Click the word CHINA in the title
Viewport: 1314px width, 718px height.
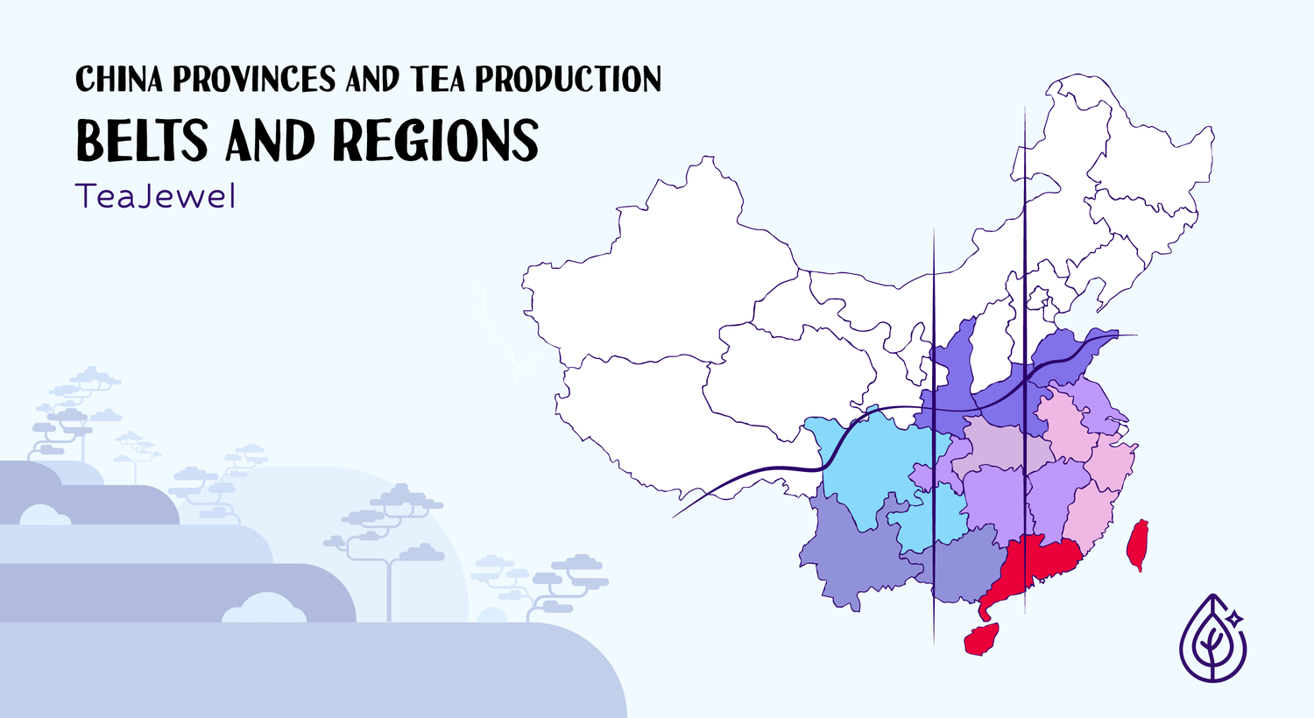tap(119, 80)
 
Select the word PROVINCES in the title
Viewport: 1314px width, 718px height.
tap(254, 80)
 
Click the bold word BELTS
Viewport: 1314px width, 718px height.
tap(142, 141)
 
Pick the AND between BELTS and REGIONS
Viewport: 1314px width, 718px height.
tap(270, 141)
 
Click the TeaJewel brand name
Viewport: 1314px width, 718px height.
tap(156, 196)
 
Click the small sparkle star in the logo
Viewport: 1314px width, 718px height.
tap(1235, 617)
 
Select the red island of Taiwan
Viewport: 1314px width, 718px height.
tap(1138, 543)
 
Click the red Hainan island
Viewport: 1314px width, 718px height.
tap(983, 638)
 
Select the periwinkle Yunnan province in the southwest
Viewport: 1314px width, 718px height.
tap(845, 560)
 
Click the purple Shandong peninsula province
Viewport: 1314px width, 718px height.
tap(1073, 355)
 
